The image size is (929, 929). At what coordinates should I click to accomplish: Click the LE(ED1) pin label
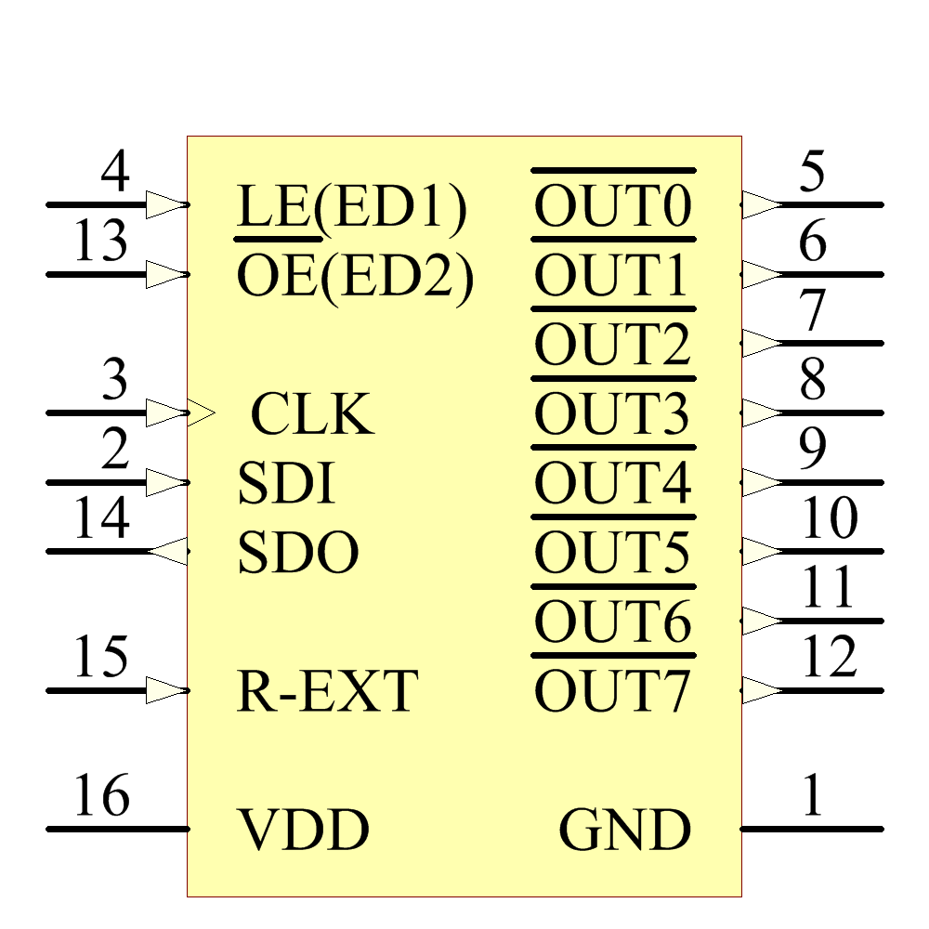coord(351,208)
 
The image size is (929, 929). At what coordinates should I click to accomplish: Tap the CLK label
coord(313,414)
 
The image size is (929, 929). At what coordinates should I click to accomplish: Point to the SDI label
coord(286,484)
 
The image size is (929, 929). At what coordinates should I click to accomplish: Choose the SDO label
coord(298,554)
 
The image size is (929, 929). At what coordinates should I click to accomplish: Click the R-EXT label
coord(328,692)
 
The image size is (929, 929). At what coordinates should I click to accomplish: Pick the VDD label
coord(304,831)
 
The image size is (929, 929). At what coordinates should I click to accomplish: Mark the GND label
coord(625,831)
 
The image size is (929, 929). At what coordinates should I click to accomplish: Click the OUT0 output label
coord(613,208)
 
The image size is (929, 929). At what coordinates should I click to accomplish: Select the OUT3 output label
coord(613,414)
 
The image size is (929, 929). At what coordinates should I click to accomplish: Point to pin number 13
coord(100,243)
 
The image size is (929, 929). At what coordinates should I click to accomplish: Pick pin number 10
coord(829,519)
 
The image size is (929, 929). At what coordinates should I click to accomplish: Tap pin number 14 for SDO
coord(100,519)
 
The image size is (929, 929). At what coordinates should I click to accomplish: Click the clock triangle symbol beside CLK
coord(203,412)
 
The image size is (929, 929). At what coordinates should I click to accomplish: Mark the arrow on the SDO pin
coord(168,552)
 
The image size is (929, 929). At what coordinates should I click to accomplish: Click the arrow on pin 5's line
coord(763,204)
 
